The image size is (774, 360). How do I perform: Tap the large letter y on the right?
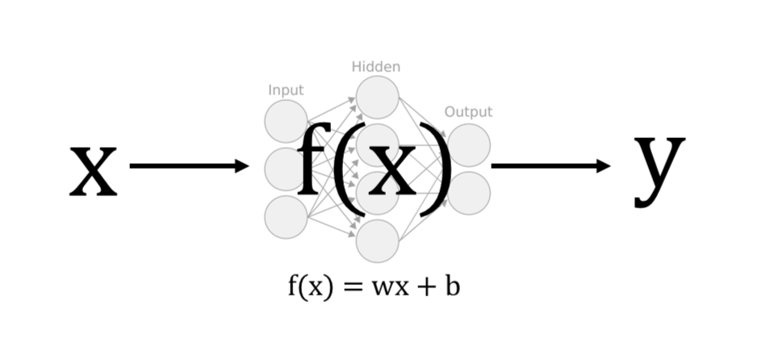(659, 167)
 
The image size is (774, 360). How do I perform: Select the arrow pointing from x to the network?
(189, 166)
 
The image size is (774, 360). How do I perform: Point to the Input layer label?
(286, 90)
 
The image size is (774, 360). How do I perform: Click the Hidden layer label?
(376, 67)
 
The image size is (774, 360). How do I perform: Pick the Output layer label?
(468, 112)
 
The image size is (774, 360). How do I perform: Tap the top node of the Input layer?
(285, 122)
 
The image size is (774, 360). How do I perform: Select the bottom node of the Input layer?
(286, 217)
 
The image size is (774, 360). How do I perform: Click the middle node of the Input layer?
(282, 170)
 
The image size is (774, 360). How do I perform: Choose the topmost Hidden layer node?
(378, 98)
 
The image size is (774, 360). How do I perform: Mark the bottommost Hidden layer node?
(378, 241)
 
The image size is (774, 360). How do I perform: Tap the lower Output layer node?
(471, 194)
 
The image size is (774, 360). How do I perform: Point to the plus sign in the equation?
(425, 287)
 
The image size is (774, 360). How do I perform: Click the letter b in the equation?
(452, 286)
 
